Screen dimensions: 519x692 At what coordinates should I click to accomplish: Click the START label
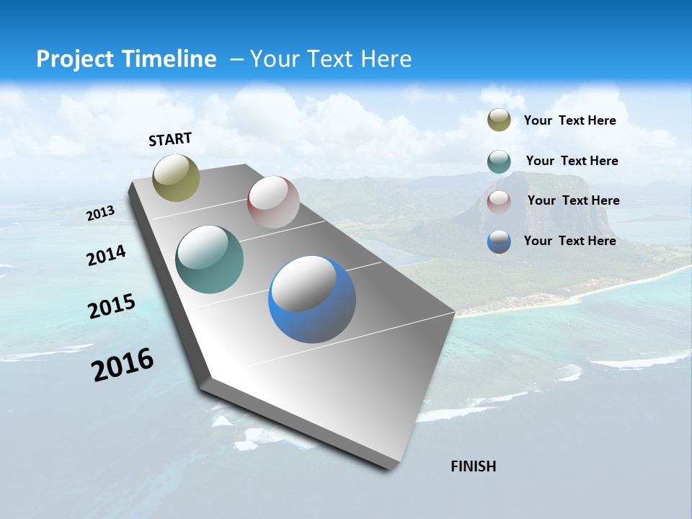pos(170,139)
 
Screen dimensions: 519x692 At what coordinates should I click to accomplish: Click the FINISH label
pos(473,466)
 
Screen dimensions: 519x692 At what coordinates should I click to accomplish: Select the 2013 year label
pos(100,213)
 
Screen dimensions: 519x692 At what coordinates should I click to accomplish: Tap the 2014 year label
pos(106,255)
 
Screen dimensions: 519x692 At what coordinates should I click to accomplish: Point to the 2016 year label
pos(123,365)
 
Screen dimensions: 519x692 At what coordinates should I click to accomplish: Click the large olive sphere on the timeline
pos(177,177)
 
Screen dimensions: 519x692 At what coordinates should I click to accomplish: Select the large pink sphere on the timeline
pos(273,202)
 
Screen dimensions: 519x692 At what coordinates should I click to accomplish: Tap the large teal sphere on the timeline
pos(210,259)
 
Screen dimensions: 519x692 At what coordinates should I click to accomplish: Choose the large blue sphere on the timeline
pos(312,299)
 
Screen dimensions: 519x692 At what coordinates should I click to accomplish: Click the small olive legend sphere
pos(499,120)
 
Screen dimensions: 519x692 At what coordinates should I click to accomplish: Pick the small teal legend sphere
pos(499,161)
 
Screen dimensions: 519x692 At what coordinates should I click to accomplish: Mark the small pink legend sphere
pos(499,202)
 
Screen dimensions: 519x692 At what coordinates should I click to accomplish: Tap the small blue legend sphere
pos(499,241)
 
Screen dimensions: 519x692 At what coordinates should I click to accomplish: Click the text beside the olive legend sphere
pos(569,120)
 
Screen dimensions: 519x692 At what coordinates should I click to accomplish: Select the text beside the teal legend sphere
pos(572,161)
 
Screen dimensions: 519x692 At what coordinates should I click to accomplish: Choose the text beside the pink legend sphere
pos(573,200)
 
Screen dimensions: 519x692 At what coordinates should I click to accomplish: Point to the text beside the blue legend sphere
pos(569,241)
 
